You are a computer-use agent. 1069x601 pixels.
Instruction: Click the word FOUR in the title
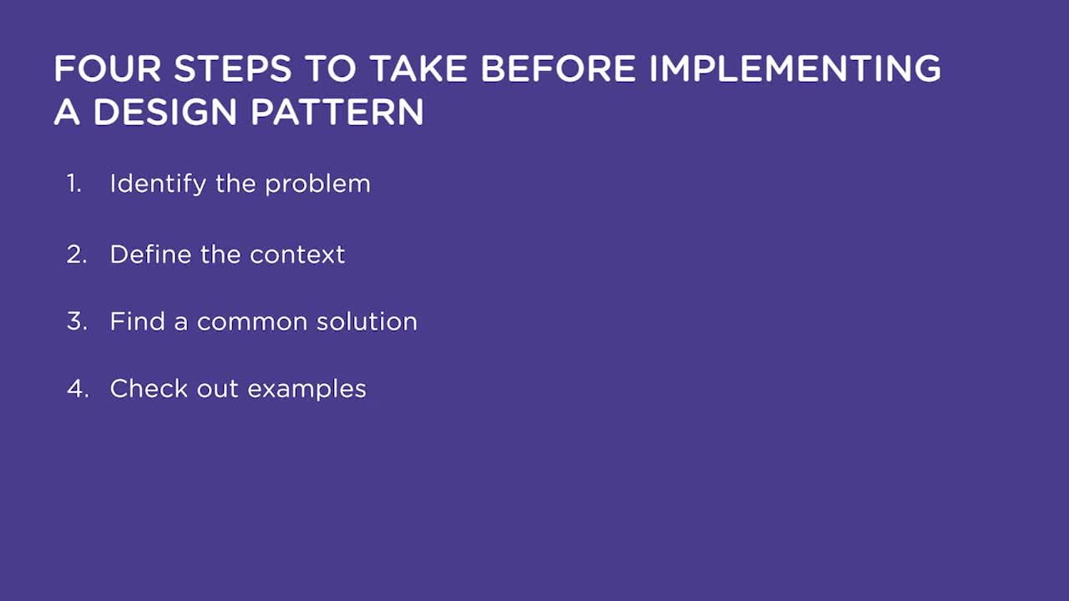(108, 68)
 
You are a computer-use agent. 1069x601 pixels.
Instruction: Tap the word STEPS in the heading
(232, 68)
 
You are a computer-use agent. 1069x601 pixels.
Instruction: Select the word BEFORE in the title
(559, 68)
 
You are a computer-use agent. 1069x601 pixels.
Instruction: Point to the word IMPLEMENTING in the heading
(794, 68)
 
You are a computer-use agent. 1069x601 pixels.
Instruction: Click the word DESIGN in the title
(165, 112)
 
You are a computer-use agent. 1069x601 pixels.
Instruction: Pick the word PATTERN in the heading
(337, 112)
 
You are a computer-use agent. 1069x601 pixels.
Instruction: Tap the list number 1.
(73, 184)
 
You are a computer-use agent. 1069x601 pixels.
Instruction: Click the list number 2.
(77, 255)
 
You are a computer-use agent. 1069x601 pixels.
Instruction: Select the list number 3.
(78, 321)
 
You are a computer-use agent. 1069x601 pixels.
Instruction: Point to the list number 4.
(79, 389)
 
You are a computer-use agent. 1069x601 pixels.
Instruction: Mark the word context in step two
(297, 255)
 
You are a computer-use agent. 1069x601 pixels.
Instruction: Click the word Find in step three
(138, 321)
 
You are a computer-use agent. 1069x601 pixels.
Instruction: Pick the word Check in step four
(149, 388)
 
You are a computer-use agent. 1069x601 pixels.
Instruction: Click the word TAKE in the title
(418, 68)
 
